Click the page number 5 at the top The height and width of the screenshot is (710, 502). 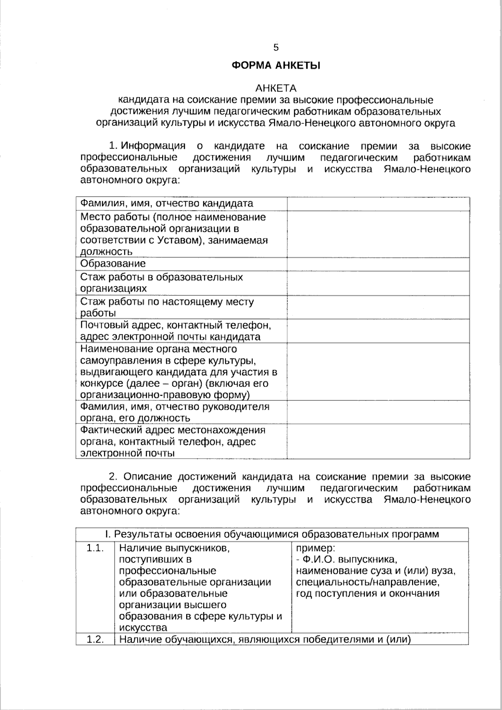(x=276, y=47)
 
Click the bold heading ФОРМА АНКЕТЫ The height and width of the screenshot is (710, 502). (x=276, y=65)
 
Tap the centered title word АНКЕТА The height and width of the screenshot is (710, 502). (x=276, y=88)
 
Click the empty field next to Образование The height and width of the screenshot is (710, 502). (x=378, y=264)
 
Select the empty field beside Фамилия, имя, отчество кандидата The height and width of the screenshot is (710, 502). (x=378, y=204)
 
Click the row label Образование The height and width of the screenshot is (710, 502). (x=113, y=264)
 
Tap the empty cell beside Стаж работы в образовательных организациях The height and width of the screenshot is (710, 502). (x=378, y=283)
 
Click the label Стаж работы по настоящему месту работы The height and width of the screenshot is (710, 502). (x=167, y=307)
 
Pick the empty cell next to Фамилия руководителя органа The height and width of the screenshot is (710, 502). (x=378, y=412)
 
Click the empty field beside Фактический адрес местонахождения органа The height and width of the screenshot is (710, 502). (x=378, y=441)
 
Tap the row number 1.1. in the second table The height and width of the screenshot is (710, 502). (x=95, y=548)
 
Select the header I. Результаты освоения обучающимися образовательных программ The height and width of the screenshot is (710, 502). (x=272, y=534)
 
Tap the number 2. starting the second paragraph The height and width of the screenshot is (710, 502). (x=114, y=477)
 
